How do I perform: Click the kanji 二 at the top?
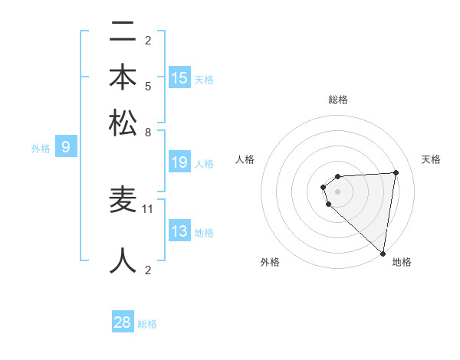[123, 33]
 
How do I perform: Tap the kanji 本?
[123, 77]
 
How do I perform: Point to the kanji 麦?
[123, 200]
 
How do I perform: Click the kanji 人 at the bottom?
[123, 260]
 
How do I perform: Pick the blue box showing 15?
[179, 78]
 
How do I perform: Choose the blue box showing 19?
[179, 162]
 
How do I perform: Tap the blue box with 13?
[179, 231]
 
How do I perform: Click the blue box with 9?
[65, 147]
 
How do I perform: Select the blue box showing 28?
[123, 322]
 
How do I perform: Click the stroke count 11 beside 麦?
[148, 208]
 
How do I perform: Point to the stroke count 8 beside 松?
[148, 132]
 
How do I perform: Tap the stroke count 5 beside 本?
[148, 86]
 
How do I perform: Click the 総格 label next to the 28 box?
[147, 324]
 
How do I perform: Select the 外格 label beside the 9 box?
[41, 149]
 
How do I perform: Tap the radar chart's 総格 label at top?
[337, 100]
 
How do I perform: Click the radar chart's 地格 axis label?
[402, 262]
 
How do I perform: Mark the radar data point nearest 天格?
[396, 172]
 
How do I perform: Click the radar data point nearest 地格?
[383, 253]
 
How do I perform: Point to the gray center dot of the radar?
[337, 190]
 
